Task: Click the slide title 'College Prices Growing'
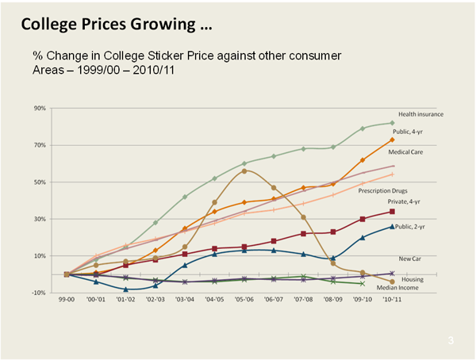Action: coord(116,26)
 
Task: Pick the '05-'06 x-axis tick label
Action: coord(245,302)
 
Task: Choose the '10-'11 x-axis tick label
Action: coord(392,302)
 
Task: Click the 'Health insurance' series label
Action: coord(420,114)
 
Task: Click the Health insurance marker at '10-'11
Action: coord(392,123)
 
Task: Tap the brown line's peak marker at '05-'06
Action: coord(245,170)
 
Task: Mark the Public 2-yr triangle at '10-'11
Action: coord(392,226)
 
